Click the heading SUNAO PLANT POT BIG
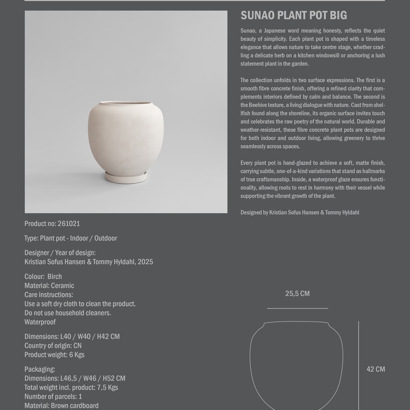point(294,16)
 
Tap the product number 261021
point(69,224)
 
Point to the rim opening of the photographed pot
point(126,103)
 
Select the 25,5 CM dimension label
point(297,294)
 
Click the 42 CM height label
point(375,369)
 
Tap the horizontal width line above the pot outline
point(297,308)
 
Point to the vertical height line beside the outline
point(358,365)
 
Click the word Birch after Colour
point(55,277)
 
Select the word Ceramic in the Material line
point(62,286)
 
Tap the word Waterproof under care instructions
point(40,322)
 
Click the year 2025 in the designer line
point(145,262)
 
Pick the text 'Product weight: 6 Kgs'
point(54,355)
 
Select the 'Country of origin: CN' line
point(53,346)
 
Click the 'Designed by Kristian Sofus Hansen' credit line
point(300,213)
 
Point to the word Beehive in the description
point(257,105)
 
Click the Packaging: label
point(40,370)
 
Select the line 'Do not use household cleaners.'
point(68,313)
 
